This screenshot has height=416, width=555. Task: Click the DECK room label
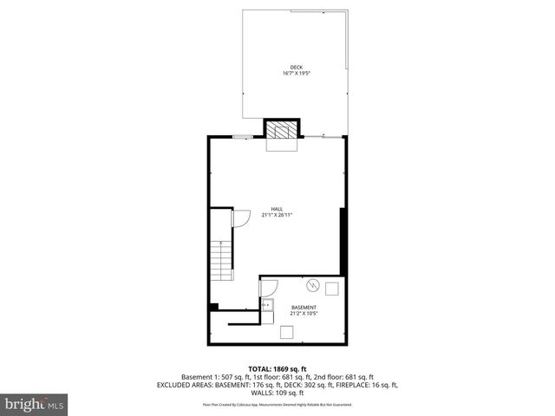(297, 67)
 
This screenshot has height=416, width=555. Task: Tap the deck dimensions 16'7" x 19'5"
(297, 74)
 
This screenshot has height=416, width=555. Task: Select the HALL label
(277, 209)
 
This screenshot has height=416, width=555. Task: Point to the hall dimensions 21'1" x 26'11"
(277, 215)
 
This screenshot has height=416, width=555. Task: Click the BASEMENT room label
(304, 308)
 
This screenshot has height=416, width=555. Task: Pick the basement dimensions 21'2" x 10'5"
(304, 314)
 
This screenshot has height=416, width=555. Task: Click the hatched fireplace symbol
(280, 130)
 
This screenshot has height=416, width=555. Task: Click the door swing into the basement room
(270, 287)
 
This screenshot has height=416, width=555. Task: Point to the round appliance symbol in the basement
(312, 286)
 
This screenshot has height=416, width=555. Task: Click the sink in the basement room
(267, 305)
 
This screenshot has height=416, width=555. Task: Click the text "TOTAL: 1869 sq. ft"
(277, 368)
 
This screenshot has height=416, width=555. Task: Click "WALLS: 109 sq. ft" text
(277, 393)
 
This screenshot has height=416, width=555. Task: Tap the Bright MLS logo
(35, 404)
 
